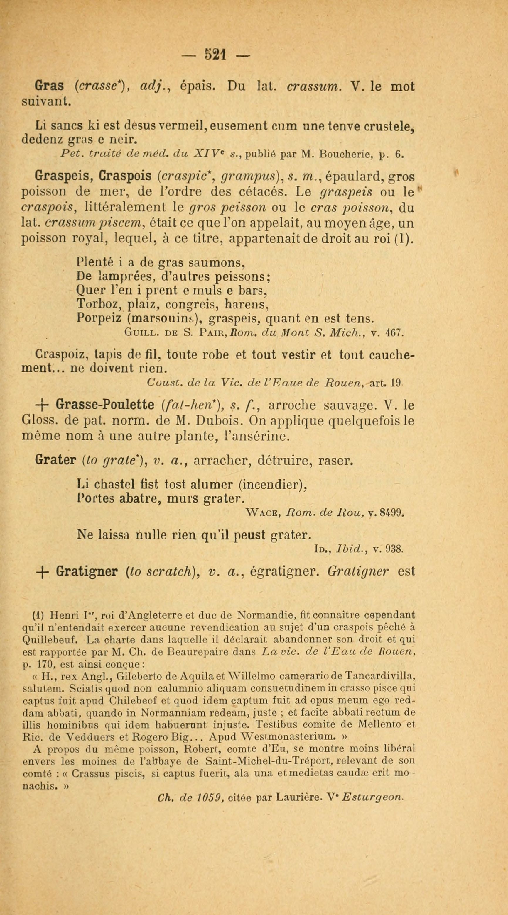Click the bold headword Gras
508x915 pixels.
[49, 86]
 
